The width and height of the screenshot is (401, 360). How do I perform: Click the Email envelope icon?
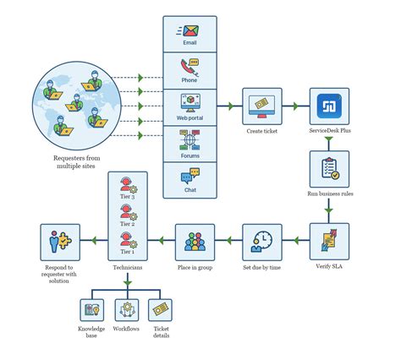[189, 30]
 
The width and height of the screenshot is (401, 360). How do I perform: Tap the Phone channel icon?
[189, 66]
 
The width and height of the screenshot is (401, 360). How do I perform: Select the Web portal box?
[189, 106]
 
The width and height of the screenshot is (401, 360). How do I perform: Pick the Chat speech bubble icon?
[189, 177]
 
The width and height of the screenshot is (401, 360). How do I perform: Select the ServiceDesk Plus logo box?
[329, 106]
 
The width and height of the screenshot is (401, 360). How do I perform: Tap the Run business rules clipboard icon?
[329, 170]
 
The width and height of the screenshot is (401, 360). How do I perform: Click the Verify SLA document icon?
[329, 240]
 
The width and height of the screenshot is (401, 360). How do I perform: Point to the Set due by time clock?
[262, 241]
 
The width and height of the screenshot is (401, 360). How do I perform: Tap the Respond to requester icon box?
[60, 240]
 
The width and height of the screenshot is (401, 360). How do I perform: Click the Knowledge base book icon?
[92, 309]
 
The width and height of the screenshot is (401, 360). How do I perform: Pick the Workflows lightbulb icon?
[126, 309]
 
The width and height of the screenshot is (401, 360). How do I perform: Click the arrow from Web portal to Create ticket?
[229, 106]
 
